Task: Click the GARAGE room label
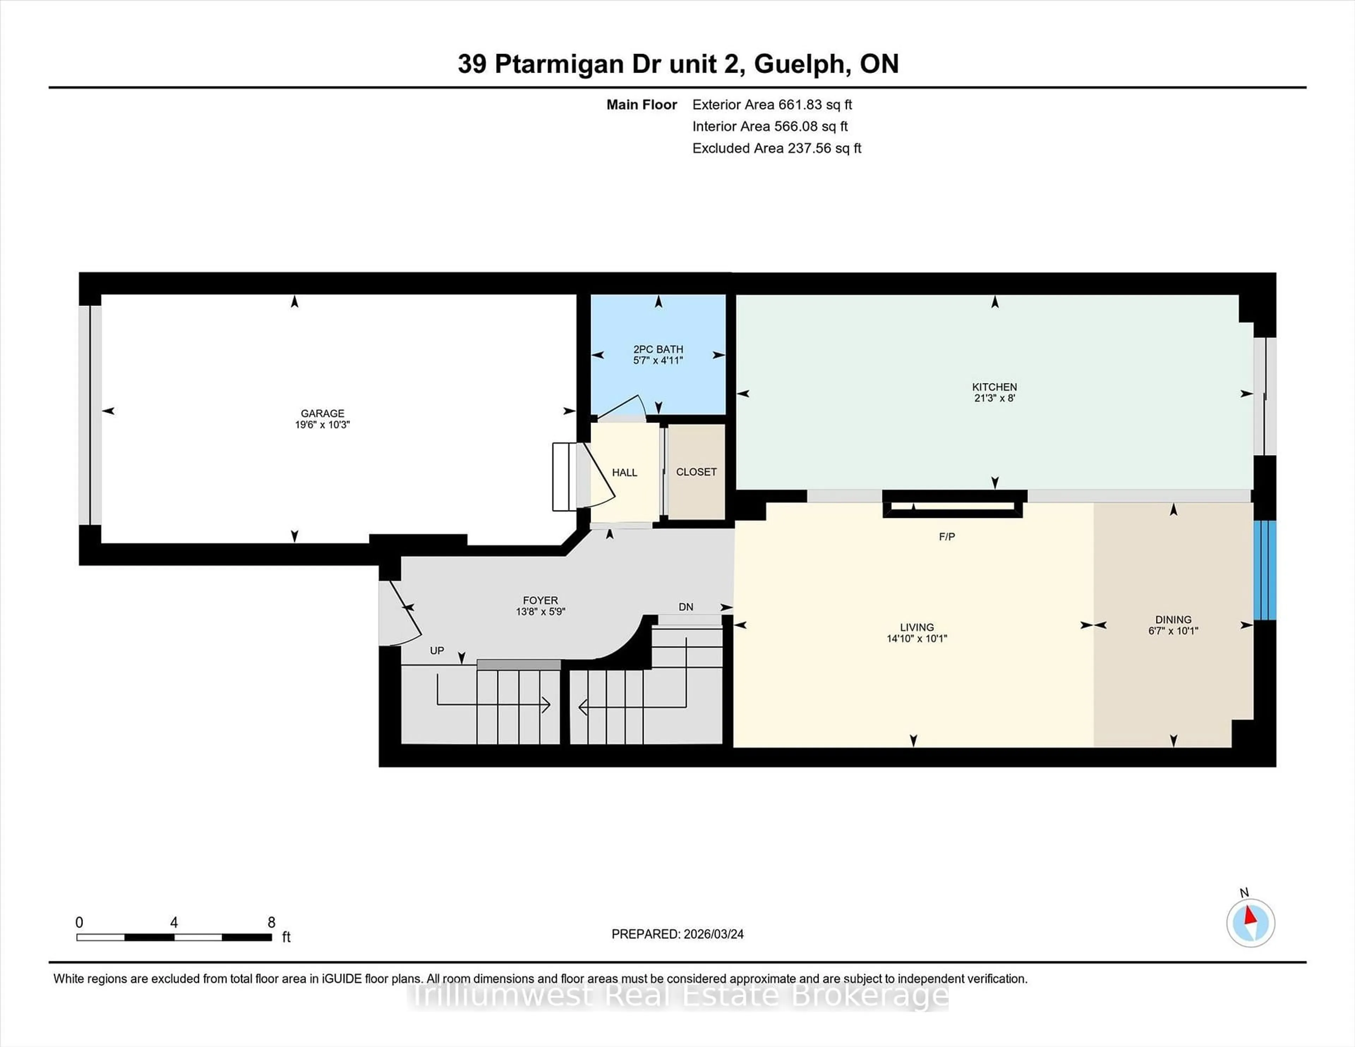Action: pyautogui.click(x=322, y=413)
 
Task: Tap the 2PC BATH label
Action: pyautogui.click(x=658, y=349)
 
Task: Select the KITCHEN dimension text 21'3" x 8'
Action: pyautogui.click(x=994, y=398)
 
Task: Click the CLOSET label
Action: pyautogui.click(x=696, y=472)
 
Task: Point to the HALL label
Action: pyautogui.click(x=624, y=473)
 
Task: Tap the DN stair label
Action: pyautogui.click(x=686, y=607)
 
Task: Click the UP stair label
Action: pyautogui.click(x=437, y=650)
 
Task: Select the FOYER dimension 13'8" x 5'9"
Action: pyautogui.click(x=540, y=612)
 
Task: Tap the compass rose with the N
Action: pyautogui.click(x=1250, y=923)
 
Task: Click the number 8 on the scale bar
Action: pyautogui.click(x=271, y=922)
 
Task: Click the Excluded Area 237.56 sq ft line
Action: pyautogui.click(x=776, y=148)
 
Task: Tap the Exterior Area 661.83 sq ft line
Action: pyautogui.click(x=772, y=105)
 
